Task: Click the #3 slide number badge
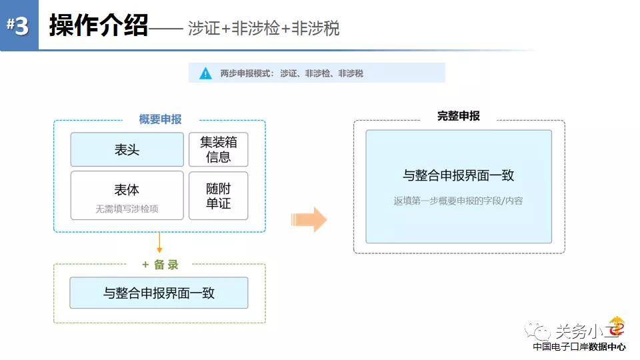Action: pos(19,25)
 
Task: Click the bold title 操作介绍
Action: pos(99,26)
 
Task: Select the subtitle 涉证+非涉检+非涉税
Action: pos(264,29)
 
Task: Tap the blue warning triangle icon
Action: pos(205,73)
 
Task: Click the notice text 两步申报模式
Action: pos(245,73)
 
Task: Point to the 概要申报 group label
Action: pos(161,119)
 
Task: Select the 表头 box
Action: pos(127,149)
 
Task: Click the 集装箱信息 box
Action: pos(219,149)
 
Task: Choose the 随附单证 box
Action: pos(219,196)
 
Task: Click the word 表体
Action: pos(127,190)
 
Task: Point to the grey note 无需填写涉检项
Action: pos(127,209)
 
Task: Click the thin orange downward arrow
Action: pos(159,243)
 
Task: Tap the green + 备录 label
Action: pos(160,265)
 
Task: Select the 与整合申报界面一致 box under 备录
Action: pos(159,293)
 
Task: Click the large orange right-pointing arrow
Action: pos(309,219)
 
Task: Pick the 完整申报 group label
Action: pos(459,116)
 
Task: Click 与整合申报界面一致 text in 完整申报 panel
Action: pos(459,175)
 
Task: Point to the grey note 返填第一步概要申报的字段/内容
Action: pos(459,201)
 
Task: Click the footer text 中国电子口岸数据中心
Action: pos(579,347)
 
